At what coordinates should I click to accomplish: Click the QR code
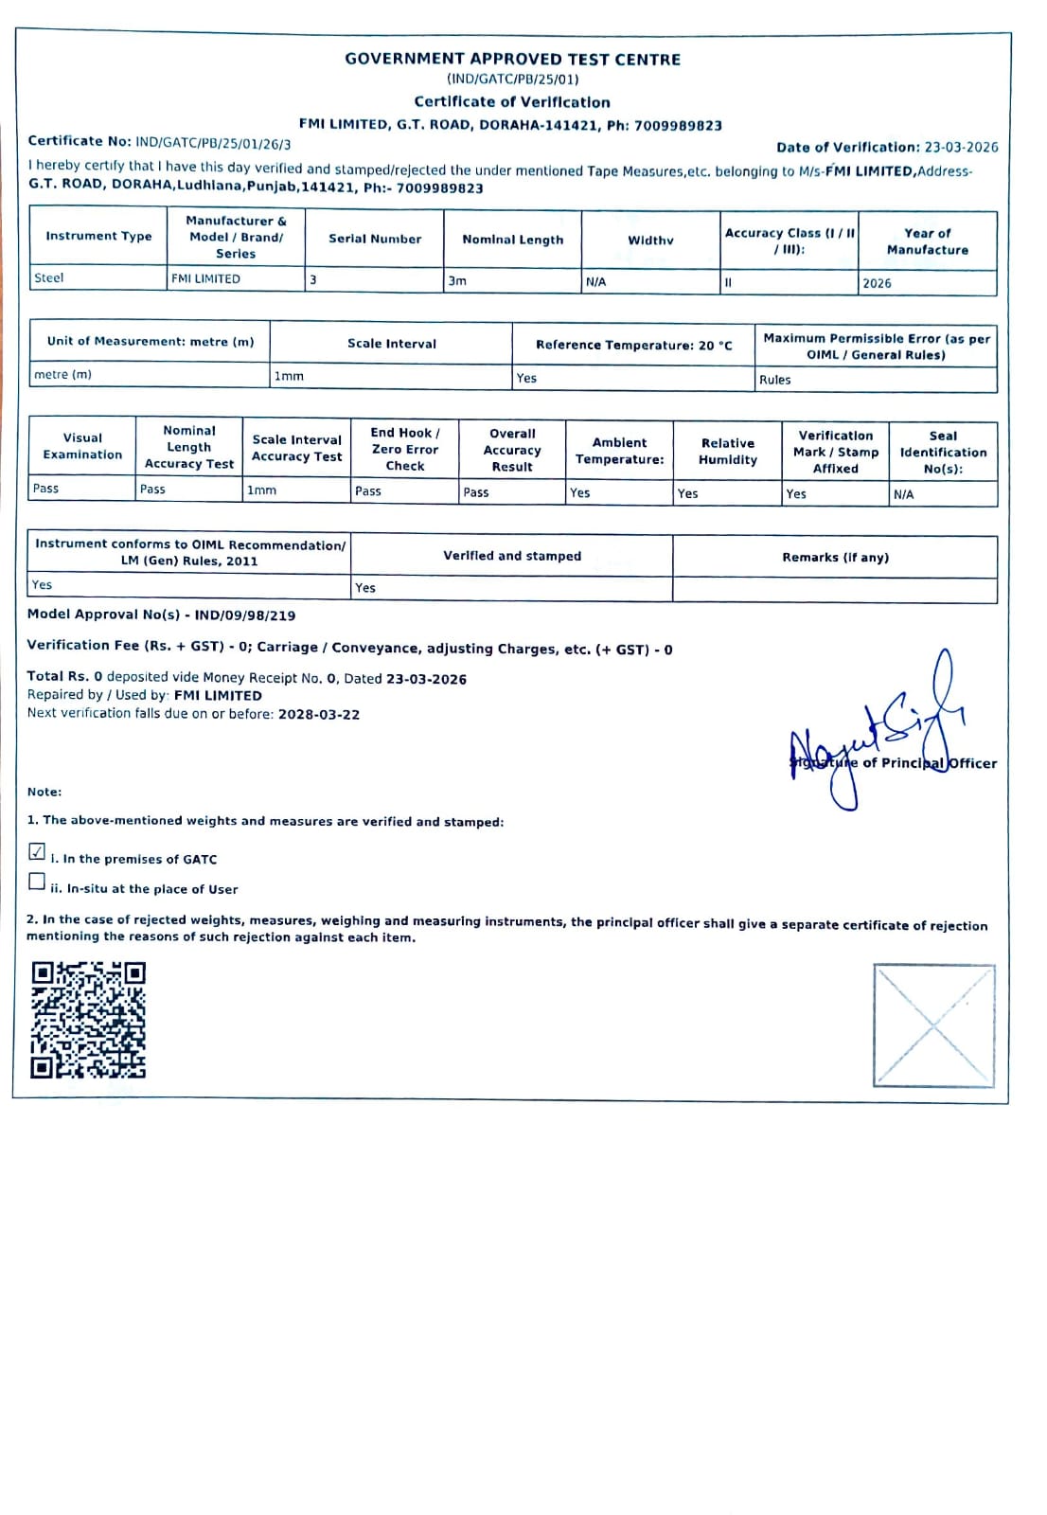tap(88, 1020)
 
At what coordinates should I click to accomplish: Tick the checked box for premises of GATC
tap(37, 851)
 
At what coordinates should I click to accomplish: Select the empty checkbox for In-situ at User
tap(37, 882)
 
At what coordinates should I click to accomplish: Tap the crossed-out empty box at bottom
tap(933, 1025)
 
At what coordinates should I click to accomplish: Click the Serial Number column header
tap(375, 239)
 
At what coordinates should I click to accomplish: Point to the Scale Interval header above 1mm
tap(391, 344)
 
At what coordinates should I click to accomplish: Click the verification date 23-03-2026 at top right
tap(961, 148)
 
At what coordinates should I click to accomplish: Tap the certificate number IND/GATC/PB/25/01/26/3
tap(213, 143)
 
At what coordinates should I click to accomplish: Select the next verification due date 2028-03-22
tap(319, 715)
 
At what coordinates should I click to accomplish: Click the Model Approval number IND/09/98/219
tap(245, 615)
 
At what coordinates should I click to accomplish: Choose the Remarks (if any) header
tap(835, 558)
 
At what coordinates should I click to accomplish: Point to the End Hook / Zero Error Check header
tap(405, 449)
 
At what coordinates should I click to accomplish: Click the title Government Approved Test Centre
tap(512, 59)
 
